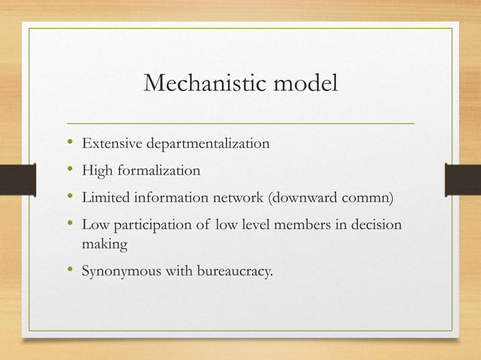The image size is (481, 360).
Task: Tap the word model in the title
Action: coord(302,85)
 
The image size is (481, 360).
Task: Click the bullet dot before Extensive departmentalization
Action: coord(70,142)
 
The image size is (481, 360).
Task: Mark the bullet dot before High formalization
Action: coord(70,170)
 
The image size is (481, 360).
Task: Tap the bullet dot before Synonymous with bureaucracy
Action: coord(70,270)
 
